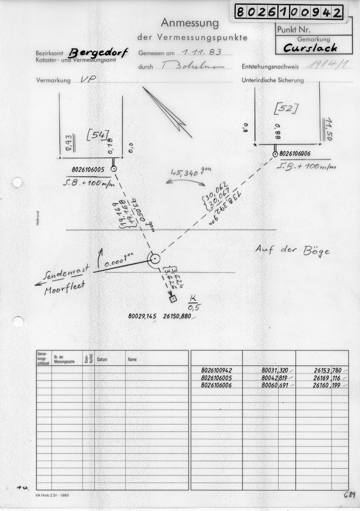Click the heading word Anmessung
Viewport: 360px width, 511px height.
[x=189, y=22]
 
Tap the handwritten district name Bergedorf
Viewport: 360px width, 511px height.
[x=98, y=53]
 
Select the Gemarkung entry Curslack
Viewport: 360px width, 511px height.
[x=310, y=48]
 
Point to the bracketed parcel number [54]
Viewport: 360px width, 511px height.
[x=97, y=136]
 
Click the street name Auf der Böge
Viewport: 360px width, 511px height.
[x=292, y=250]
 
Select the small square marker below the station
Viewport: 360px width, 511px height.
[x=173, y=299]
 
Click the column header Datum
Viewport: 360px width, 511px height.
[x=102, y=359]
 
